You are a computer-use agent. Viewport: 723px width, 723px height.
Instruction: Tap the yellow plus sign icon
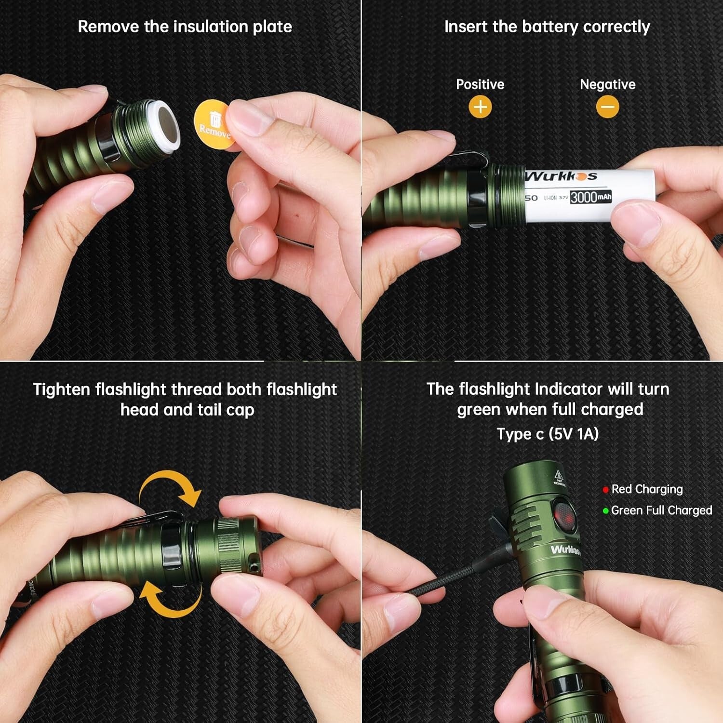coord(480,107)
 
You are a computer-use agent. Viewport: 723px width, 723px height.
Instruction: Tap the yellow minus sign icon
coord(607,107)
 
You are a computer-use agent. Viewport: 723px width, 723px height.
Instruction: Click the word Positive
coord(480,84)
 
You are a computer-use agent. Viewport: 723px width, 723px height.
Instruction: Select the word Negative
coord(607,84)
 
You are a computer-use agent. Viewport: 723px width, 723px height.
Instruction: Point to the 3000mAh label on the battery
coord(591,197)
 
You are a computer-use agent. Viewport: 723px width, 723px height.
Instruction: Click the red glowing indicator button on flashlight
coord(564,516)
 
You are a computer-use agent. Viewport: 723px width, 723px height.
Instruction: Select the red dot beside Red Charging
coord(605,490)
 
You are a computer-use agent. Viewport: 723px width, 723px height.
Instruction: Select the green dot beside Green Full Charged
coord(605,511)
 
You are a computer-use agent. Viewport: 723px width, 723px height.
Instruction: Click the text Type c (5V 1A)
coord(548,434)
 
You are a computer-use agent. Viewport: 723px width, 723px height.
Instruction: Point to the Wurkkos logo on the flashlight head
coord(565,549)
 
